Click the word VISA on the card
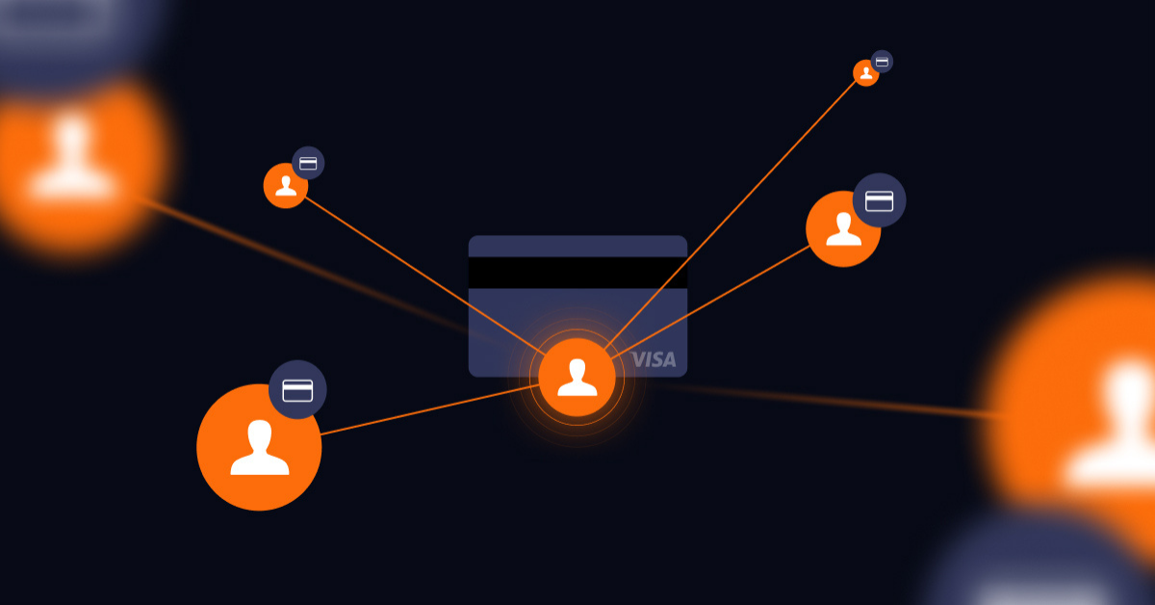654,360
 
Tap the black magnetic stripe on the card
577,273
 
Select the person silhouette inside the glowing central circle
577,377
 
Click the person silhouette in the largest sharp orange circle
259,449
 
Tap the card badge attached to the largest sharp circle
297,390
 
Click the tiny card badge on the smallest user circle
882,62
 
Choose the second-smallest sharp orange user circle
285,186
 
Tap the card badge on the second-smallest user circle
308,163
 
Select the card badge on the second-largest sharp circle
880,200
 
